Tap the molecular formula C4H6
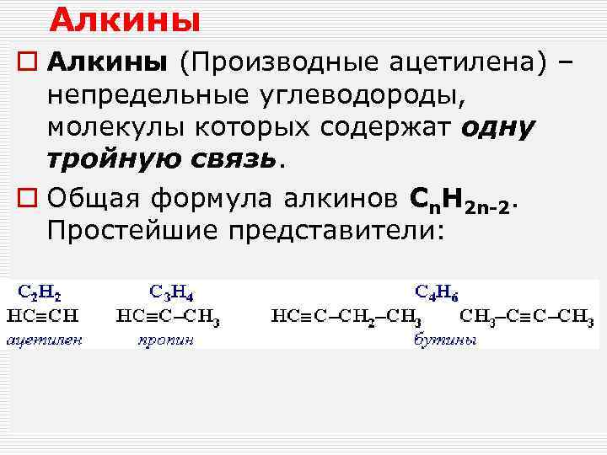click(437, 292)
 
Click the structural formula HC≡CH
click(43, 317)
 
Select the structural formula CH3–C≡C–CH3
click(527, 318)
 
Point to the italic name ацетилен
click(45, 340)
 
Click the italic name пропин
click(165, 340)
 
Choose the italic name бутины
click(444, 340)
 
